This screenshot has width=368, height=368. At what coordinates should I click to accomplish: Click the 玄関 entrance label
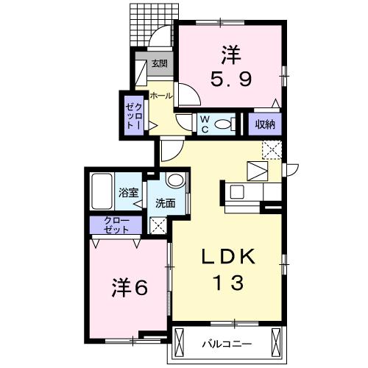(160, 64)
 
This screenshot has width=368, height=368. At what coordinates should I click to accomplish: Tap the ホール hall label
(161, 96)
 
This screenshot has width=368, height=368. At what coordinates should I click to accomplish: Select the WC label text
(205, 124)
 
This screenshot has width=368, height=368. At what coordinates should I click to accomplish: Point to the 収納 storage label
(265, 124)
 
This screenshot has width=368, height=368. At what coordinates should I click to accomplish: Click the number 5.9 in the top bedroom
(231, 79)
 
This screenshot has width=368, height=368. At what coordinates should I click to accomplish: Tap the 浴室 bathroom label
(129, 193)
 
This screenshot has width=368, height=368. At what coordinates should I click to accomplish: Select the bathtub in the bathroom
(102, 191)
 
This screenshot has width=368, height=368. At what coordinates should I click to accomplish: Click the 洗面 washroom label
(166, 203)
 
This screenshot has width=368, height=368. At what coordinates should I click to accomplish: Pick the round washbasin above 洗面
(176, 180)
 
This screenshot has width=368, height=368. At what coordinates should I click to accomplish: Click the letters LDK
(228, 256)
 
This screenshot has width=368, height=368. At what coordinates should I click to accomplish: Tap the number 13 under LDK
(229, 283)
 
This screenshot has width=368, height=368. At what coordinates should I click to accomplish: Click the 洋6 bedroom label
(130, 288)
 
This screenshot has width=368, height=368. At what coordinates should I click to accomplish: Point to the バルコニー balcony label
(227, 344)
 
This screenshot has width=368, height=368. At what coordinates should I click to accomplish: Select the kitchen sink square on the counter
(237, 191)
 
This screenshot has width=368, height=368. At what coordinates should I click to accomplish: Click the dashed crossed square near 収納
(272, 150)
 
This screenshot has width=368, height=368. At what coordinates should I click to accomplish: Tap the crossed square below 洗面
(158, 225)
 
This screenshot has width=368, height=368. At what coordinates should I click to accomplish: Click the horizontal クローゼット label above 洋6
(116, 225)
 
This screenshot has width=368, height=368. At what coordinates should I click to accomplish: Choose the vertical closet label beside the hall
(134, 116)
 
